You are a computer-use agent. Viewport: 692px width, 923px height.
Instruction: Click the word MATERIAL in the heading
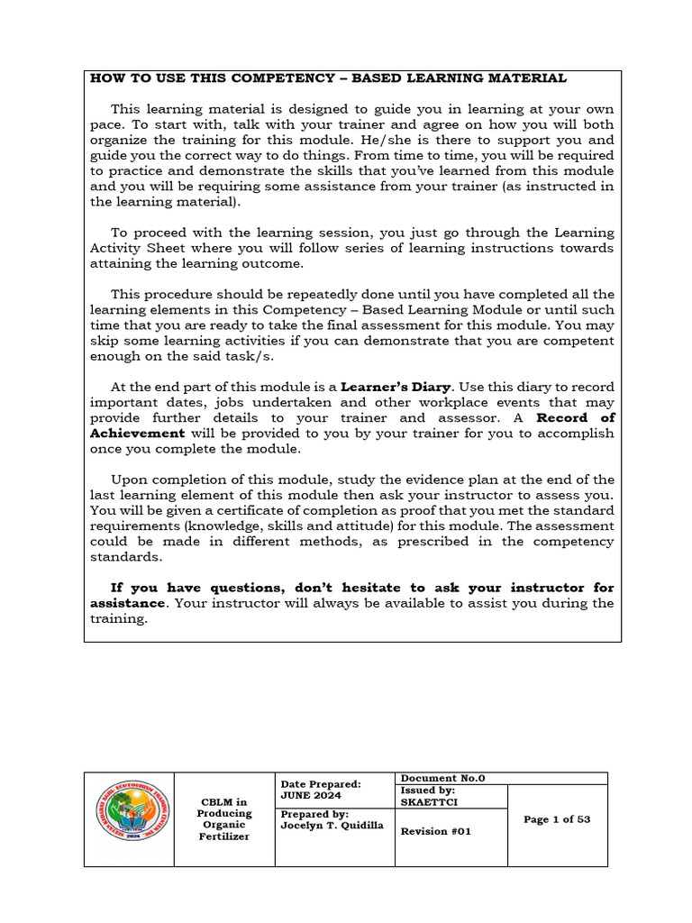click(x=526, y=78)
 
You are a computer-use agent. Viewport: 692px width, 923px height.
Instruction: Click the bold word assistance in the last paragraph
click(x=127, y=604)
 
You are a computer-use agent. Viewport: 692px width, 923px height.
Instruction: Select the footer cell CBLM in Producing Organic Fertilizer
click(x=223, y=819)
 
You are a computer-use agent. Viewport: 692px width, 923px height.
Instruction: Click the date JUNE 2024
click(x=307, y=797)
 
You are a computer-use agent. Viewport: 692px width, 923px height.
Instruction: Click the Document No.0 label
click(x=442, y=778)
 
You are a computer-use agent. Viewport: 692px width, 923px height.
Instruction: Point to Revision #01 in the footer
click(x=435, y=832)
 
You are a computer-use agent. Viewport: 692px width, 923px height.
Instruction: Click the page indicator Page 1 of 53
click(x=557, y=819)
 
